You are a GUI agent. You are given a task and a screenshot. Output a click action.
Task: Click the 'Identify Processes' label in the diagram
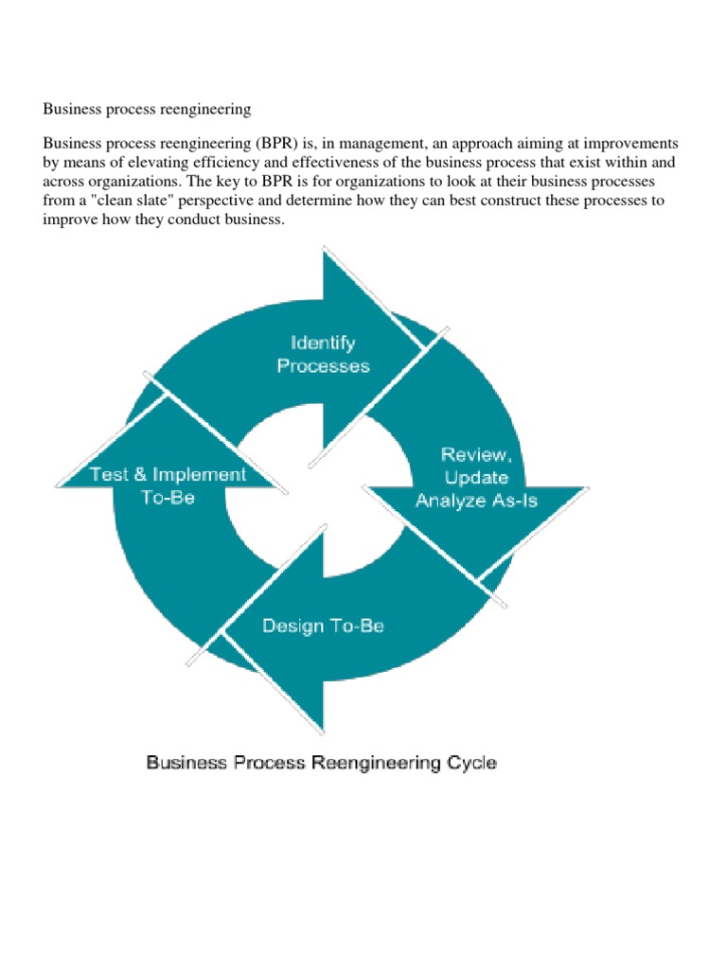(323, 353)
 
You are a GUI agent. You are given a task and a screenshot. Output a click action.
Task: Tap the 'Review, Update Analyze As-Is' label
(476, 478)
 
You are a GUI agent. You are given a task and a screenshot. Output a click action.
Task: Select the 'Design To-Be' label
(322, 625)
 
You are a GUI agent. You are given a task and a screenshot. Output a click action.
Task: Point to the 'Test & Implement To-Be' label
(168, 485)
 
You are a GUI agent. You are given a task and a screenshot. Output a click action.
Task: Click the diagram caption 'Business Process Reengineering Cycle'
(321, 762)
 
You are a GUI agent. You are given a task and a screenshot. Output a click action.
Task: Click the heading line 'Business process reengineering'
(147, 110)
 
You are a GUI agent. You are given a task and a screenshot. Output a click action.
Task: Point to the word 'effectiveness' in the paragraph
(331, 162)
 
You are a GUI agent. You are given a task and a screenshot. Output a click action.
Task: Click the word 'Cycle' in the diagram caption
(470, 762)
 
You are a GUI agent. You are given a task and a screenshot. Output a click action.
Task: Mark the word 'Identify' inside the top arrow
(323, 343)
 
